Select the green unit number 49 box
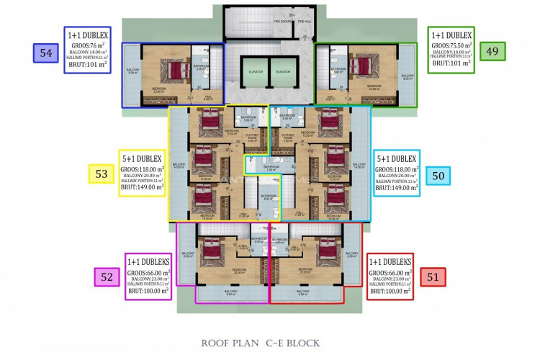[492, 50]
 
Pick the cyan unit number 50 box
[438, 174]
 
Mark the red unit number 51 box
[433, 277]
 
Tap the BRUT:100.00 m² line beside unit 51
[390, 292]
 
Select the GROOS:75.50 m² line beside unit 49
[451, 45]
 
